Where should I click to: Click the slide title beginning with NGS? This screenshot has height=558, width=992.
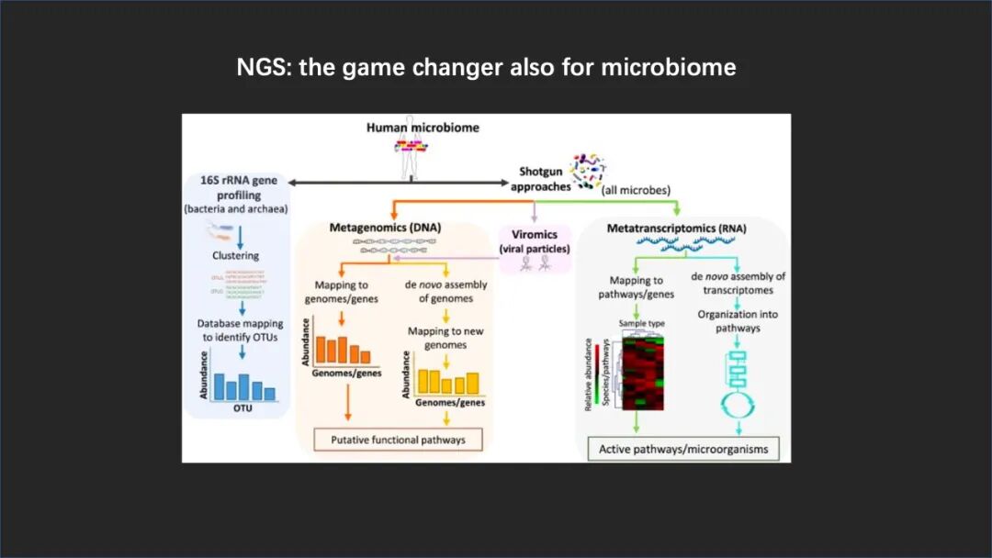(x=486, y=67)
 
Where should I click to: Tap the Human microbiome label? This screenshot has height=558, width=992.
(x=423, y=128)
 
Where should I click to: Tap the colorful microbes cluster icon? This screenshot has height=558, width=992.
(x=588, y=172)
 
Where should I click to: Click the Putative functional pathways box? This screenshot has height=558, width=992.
(x=398, y=440)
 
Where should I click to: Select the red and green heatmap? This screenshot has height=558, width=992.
(x=648, y=372)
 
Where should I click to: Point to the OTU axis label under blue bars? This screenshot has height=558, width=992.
(x=242, y=408)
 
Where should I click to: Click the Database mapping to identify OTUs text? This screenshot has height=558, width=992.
(x=240, y=330)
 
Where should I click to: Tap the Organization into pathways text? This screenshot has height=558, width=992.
(x=740, y=321)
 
